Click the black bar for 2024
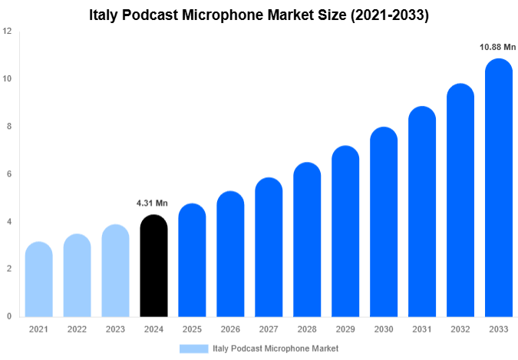coord(153,266)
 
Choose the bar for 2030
coord(384,222)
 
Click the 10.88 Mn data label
coord(498,48)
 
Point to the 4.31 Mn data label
coord(152,203)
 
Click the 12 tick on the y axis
coord(7,31)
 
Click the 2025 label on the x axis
coord(192,329)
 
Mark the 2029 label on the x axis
coord(345,329)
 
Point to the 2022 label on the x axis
coord(77,329)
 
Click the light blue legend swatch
coord(193,348)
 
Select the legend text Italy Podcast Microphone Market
coord(275,348)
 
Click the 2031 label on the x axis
coord(422,329)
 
